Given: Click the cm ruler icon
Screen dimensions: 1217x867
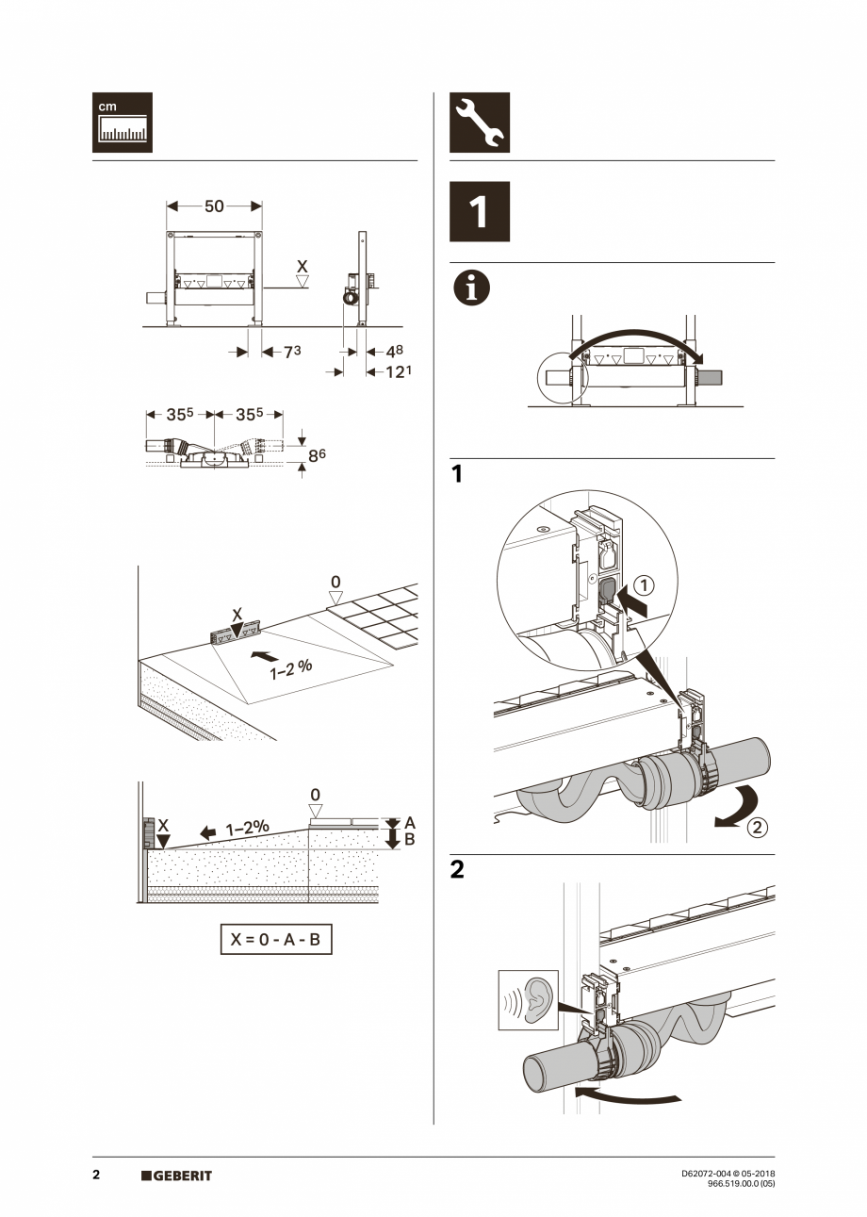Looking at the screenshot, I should (x=122, y=123).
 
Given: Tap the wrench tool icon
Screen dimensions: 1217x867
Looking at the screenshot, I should (x=480, y=123).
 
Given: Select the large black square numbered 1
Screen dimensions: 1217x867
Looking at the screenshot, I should (x=480, y=212).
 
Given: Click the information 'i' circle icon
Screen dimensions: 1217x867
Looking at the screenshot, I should (x=472, y=288).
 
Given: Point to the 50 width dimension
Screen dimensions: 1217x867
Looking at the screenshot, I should (x=214, y=206).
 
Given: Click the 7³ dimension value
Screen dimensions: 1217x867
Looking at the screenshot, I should (x=292, y=351).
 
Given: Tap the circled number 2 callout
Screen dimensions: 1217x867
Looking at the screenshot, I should (x=757, y=830).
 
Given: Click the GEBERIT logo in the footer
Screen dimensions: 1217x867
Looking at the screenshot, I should (x=177, y=1176).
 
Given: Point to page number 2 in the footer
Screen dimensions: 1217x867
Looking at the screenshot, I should (x=96, y=1176).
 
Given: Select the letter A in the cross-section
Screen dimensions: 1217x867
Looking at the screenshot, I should (x=409, y=822).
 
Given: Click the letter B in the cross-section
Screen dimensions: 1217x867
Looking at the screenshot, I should (x=409, y=839).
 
